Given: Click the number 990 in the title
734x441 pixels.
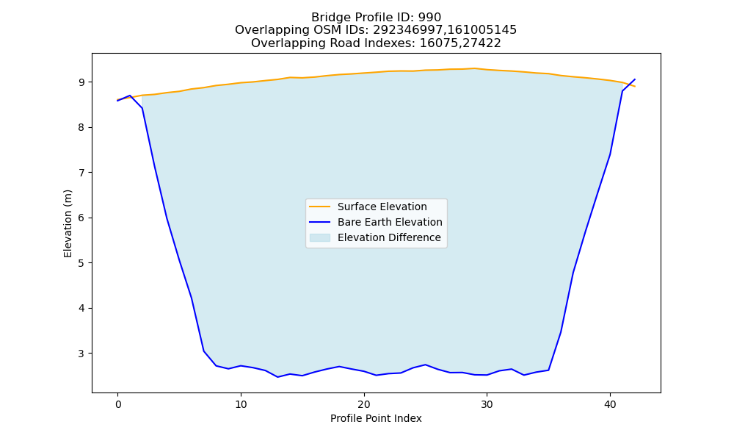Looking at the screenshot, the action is [x=429, y=18].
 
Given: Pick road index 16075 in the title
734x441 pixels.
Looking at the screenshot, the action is [x=437, y=43].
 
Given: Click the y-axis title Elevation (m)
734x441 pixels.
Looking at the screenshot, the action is [x=68, y=223].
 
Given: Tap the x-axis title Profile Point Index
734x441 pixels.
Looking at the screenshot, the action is [x=376, y=418].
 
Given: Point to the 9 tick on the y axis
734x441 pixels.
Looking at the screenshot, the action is [x=82, y=82].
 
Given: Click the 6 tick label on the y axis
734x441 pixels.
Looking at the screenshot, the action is [x=82, y=218].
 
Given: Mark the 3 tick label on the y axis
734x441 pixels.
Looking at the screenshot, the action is [x=82, y=354].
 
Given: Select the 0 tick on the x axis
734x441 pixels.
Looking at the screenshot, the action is [x=118, y=404].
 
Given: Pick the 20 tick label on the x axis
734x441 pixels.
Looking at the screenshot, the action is [x=364, y=404].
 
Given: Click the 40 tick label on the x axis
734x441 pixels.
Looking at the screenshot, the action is [x=610, y=404].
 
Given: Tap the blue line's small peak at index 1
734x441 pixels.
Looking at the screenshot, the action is [x=130, y=95].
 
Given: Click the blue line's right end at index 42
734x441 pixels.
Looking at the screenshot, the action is [x=635, y=79].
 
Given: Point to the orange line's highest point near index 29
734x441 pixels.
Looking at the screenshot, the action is [x=474, y=68].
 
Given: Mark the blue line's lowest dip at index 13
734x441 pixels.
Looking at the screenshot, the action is [x=277, y=377].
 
